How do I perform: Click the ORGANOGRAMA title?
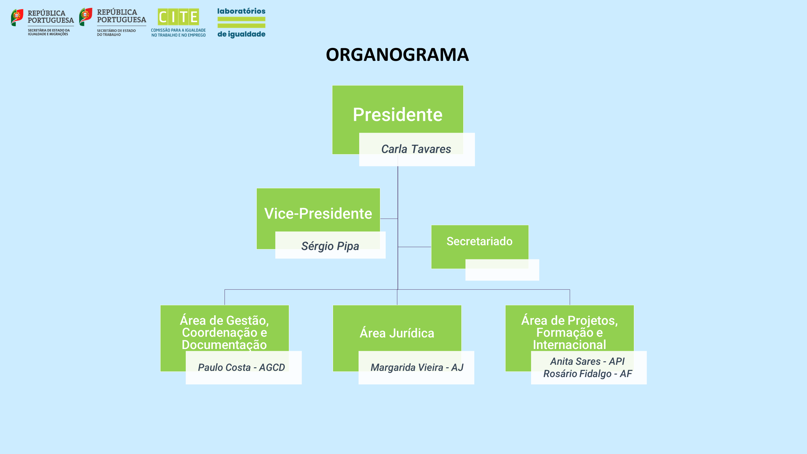397,55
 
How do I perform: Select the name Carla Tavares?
416,149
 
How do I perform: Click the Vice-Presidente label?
318,213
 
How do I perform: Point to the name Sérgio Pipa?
330,246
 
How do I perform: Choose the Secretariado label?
479,241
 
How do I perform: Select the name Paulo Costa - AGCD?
241,367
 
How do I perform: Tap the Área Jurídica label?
397,333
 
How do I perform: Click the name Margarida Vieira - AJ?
417,367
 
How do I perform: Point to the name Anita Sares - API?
587,361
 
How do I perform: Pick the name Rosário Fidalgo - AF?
588,374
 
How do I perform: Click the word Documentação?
224,345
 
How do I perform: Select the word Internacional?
569,345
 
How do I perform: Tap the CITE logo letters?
178,17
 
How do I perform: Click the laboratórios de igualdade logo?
241,23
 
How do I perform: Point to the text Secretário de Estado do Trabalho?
116,33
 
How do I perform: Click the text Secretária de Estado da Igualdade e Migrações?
49,32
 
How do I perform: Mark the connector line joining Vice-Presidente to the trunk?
389,218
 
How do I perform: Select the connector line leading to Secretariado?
414,247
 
